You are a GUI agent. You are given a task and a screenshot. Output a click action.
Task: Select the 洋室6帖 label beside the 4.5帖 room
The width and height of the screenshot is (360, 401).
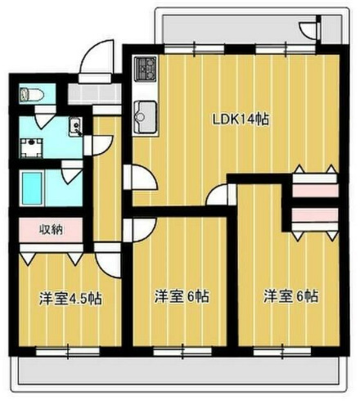click(182, 295)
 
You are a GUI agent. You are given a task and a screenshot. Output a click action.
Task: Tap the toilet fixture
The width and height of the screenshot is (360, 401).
click(30, 94)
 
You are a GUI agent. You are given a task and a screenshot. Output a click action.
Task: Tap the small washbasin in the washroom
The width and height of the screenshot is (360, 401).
click(75, 128)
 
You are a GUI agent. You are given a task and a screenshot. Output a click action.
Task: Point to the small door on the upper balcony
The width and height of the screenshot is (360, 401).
click(308, 29)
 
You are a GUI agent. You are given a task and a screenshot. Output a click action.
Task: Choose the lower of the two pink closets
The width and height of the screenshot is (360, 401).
click(315, 218)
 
